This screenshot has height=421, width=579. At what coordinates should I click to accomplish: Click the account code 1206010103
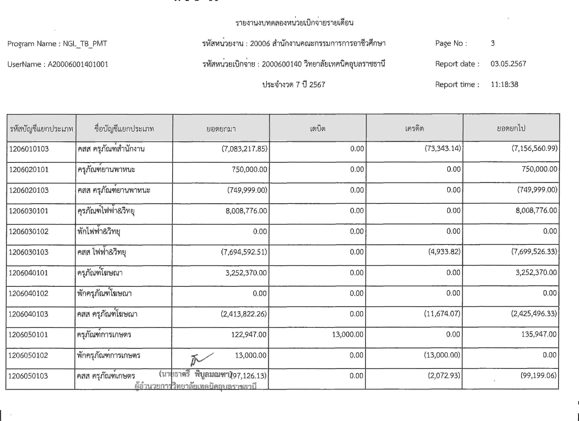[x=29, y=149]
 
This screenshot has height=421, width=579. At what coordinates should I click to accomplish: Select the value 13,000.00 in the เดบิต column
[x=347, y=334]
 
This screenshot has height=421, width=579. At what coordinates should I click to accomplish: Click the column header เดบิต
[x=318, y=128]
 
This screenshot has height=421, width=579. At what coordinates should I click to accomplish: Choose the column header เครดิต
[x=414, y=128]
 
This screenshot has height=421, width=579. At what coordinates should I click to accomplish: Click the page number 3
[x=493, y=43]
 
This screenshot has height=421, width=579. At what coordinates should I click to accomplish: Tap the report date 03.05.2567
[x=508, y=64]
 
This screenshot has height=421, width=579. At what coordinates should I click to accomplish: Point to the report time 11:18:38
[x=504, y=84]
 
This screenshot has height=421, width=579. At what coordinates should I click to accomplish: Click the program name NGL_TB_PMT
[x=85, y=44]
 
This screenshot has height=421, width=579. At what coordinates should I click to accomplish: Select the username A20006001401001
[x=78, y=64]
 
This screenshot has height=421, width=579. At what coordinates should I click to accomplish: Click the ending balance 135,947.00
[x=539, y=334]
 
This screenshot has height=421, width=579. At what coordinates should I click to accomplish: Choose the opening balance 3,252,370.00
[x=246, y=273]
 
